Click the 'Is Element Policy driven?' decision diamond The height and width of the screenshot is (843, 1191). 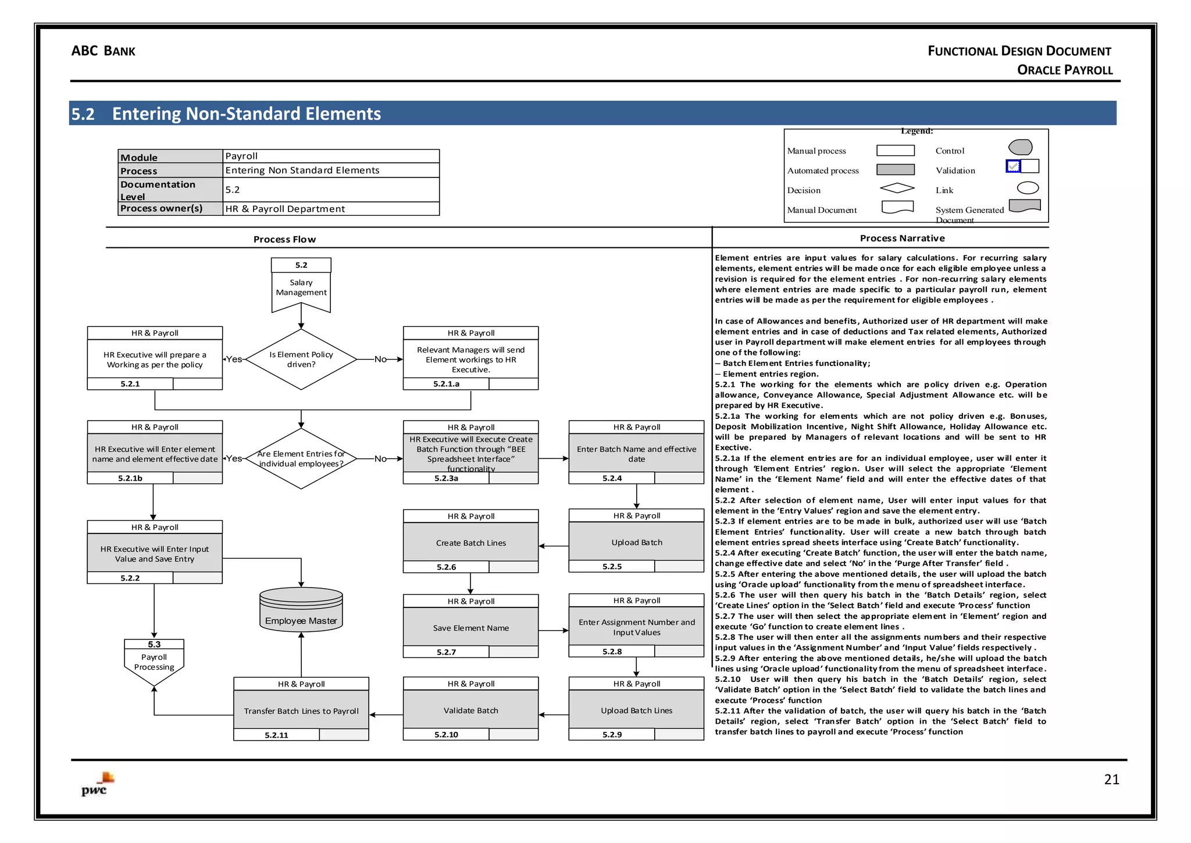[301, 360]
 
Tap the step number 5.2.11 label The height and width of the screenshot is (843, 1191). [276, 735]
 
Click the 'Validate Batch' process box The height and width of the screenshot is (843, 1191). [470, 710]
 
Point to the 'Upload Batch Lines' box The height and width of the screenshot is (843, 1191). [636, 710]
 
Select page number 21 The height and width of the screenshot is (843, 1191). [1111, 780]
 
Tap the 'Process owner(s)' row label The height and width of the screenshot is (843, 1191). [162, 208]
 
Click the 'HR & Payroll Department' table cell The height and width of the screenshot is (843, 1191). [285, 209]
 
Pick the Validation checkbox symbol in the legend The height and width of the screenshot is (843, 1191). [1014, 166]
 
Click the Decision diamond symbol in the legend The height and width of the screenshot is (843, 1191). [897, 188]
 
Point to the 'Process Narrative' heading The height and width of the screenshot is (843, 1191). [902, 238]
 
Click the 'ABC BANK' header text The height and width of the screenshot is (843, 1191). [103, 51]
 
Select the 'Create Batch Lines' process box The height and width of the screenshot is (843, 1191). [470, 542]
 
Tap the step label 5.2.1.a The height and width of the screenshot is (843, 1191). [446, 384]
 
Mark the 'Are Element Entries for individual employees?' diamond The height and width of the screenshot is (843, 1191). [301, 458]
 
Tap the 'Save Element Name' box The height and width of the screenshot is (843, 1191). [470, 627]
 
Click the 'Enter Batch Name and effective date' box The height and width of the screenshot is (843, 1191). [636, 453]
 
